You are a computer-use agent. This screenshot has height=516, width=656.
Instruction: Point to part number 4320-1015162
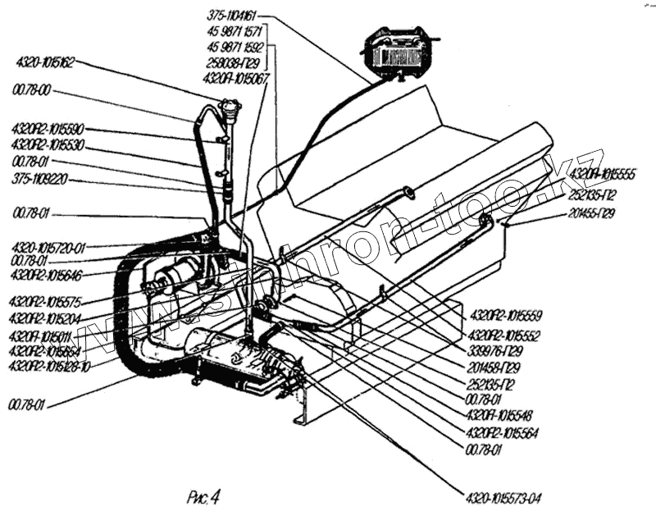(44, 61)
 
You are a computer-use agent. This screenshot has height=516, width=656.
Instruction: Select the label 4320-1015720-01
(48, 246)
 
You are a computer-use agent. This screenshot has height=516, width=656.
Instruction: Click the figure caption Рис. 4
(204, 495)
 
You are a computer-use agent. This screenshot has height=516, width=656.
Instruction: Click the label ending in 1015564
(502, 432)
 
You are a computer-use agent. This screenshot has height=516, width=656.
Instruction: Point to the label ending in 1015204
(49, 318)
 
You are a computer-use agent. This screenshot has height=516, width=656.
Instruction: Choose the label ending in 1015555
(603, 173)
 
